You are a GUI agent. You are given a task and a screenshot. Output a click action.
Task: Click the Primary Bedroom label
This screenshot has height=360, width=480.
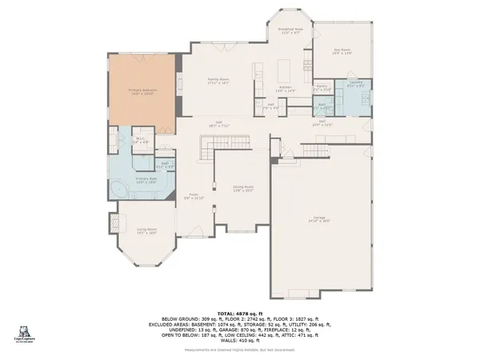click(x=142, y=92)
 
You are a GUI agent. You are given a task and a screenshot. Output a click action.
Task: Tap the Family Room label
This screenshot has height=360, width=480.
click(x=218, y=81)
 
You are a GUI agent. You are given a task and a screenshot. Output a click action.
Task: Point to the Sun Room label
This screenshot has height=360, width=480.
click(x=343, y=50)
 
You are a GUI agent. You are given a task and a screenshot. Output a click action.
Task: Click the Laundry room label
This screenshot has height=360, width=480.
click(x=356, y=82)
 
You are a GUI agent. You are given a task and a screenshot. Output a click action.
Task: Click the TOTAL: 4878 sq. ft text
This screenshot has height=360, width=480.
click(x=240, y=314)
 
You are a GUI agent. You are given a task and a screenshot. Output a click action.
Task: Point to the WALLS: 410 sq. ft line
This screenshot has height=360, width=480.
click(x=240, y=342)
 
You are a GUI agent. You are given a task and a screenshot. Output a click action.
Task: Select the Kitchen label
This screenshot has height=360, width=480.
click(x=286, y=89)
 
